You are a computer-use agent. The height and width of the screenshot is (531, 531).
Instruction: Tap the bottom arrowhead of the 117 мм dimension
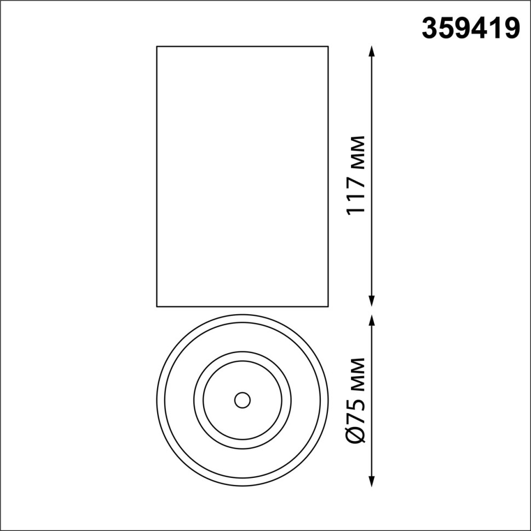click(372, 301)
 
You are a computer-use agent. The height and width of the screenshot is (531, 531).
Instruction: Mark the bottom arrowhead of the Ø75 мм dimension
click(372, 482)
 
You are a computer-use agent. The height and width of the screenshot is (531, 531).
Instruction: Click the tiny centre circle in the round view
click(241, 400)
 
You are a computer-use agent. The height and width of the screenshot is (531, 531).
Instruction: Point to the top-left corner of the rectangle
click(157, 47)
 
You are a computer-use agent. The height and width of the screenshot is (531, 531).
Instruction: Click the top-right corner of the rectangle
click(328, 47)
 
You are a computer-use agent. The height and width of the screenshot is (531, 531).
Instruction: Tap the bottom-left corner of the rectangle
click(157, 306)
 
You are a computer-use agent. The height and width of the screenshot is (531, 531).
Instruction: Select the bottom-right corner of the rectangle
click(328, 306)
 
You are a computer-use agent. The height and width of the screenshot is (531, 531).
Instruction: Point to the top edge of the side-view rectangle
click(243, 47)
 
